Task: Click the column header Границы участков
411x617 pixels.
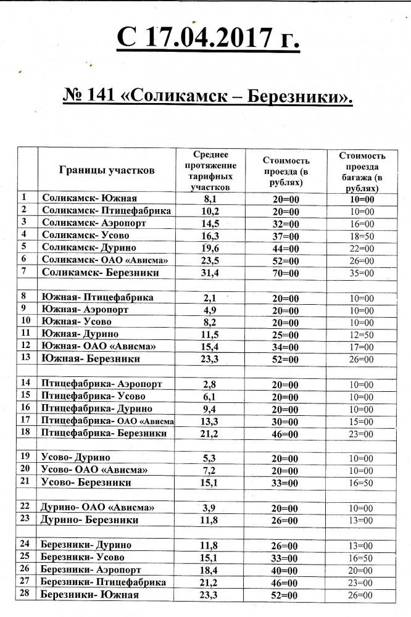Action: click(x=107, y=170)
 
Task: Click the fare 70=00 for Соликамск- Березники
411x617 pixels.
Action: click(x=285, y=271)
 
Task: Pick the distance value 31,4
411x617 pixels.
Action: click(x=211, y=271)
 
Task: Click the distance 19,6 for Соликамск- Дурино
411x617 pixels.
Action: click(x=211, y=247)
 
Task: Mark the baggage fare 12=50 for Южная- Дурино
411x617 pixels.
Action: click(x=361, y=334)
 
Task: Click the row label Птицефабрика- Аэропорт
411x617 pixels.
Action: click(x=101, y=384)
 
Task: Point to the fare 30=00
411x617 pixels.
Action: click(x=285, y=421)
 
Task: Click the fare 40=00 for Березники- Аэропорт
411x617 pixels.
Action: click(x=285, y=569)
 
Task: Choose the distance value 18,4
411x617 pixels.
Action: click(x=211, y=569)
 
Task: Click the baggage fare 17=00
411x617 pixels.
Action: click(x=361, y=346)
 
